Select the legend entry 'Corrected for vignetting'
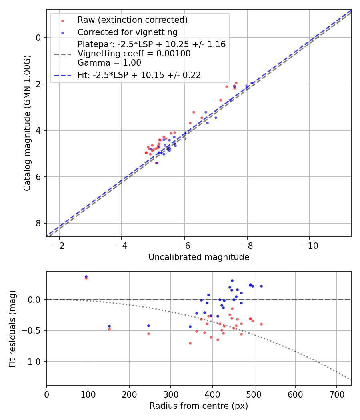point(127,32)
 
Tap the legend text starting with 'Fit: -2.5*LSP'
point(139,75)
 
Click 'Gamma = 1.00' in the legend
point(109,63)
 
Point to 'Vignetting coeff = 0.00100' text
point(134,54)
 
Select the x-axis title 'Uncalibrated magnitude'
point(199,257)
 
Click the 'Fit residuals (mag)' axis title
point(12,328)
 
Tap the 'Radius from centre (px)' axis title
point(199,406)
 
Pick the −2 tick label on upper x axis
point(59,245)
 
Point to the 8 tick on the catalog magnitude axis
point(38,223)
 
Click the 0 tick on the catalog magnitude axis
point(38,38)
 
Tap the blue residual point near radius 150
point(109,326)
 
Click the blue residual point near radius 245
point(148,326)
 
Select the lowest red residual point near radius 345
point(190,343)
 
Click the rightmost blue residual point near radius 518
point(261,286)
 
